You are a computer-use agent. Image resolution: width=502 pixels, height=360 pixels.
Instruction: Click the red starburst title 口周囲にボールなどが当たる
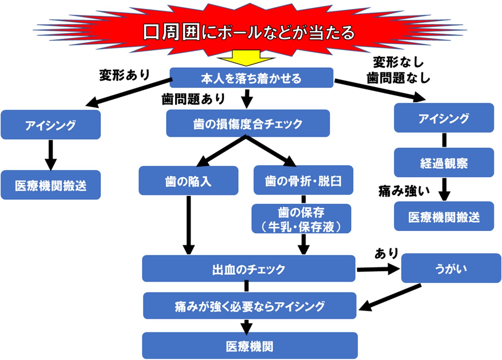coord(249,32)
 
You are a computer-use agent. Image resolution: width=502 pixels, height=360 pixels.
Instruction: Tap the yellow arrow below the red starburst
coord(245,58)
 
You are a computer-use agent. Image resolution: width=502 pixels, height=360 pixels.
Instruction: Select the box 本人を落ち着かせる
coord(251,78)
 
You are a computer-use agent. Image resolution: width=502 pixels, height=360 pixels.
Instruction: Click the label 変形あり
coord(124,75)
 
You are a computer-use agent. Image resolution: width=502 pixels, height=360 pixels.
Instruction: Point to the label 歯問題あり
coord(193,98)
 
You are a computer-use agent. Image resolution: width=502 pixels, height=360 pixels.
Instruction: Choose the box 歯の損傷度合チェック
coord(248,124)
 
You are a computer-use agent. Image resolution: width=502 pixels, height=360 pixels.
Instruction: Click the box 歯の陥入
coord(188,181)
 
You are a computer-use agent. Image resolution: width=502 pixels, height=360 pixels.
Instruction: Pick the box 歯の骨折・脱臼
coord(303,180)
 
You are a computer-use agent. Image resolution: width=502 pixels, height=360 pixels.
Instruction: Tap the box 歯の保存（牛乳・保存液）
coord(301,219)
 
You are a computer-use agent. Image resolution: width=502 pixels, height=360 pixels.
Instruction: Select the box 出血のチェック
coord(248,269)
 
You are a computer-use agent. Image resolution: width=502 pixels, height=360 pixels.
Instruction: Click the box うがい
coord(451,269)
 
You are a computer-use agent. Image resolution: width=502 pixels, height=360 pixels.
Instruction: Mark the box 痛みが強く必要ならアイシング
coord(250,306)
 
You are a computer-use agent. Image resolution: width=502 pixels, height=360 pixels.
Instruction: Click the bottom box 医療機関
coord(250,346)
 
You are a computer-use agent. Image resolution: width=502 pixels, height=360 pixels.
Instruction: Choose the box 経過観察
coord(444,163)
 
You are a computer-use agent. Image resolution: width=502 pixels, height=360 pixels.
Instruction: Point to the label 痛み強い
coord(404,191)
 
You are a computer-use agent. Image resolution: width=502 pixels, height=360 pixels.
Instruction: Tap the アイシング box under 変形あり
coord(51,125)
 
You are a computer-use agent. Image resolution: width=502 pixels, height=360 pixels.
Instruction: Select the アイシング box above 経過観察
coord(444,118)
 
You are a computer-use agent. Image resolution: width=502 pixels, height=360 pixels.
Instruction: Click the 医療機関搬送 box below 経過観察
coord(444,216)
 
